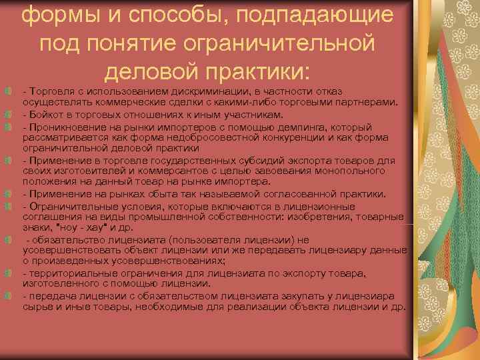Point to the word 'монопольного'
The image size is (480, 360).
pos(340,172)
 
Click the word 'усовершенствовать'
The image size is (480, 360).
pos(64,251)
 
